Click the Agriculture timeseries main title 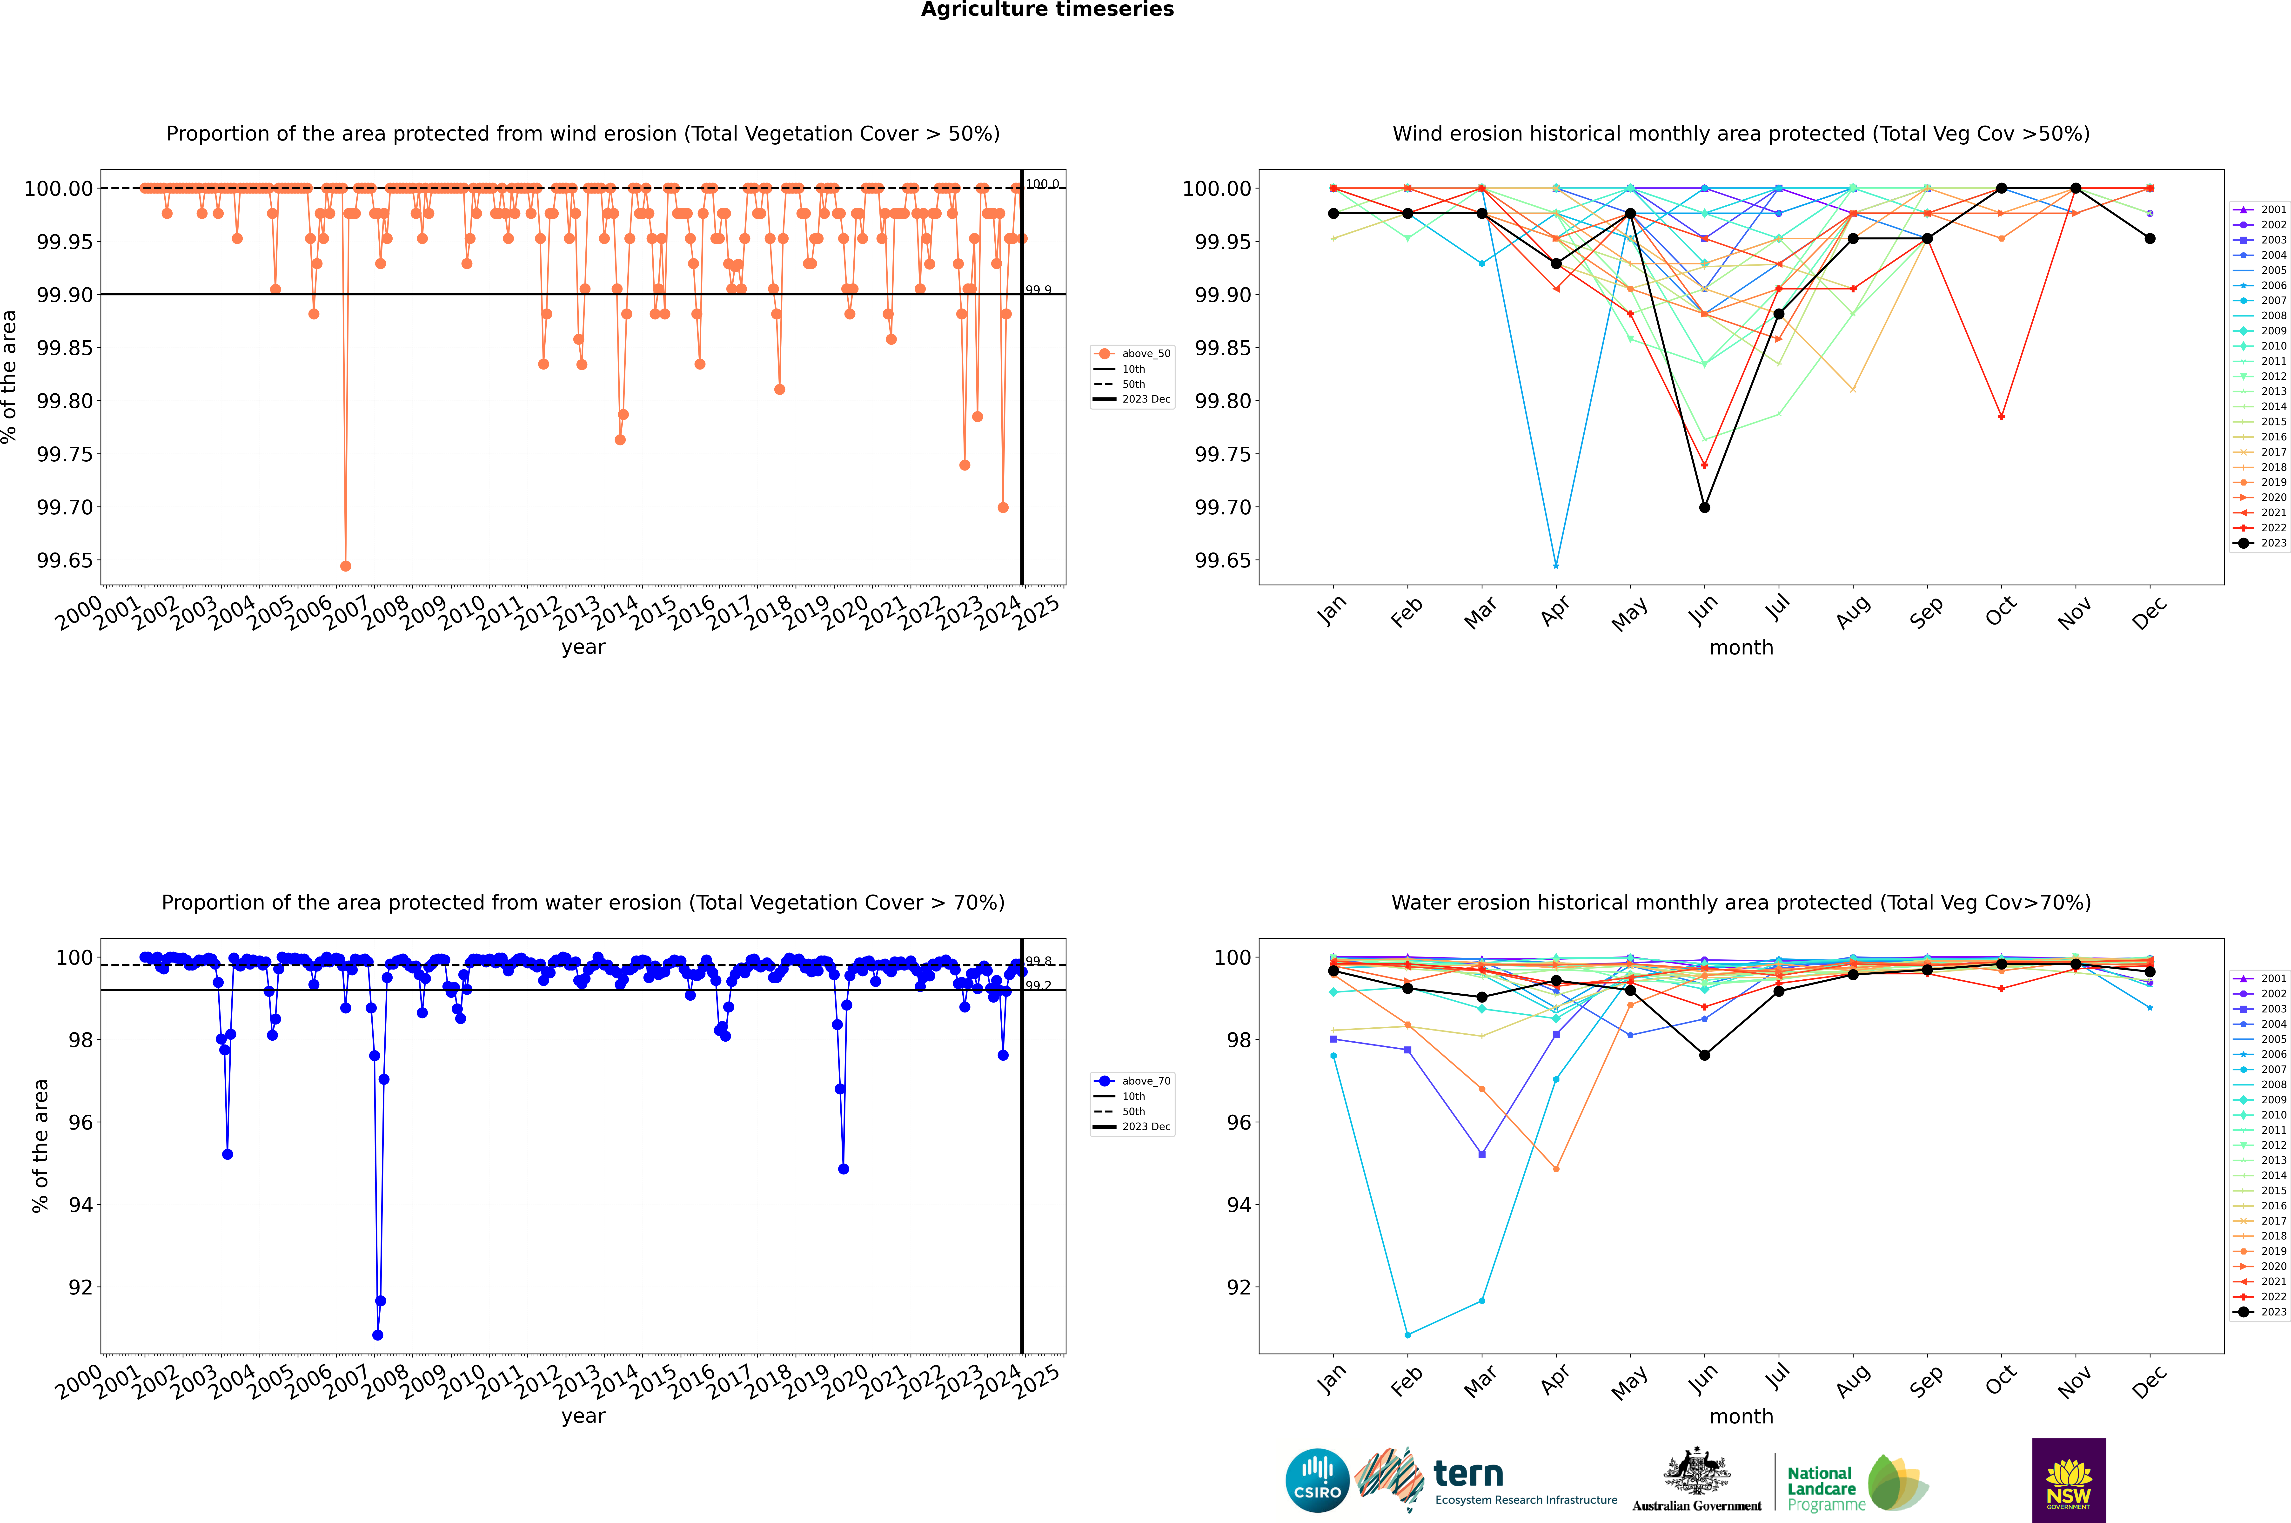tap(1047, 10)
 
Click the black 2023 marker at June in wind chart tap(1704, 507)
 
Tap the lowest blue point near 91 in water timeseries tap(378, 1334)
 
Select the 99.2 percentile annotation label tap(1038, 986)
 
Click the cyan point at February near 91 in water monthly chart tap(1407, 1334)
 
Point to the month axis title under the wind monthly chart tap(1740, 648)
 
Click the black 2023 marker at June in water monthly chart tap(1704, 1055)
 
